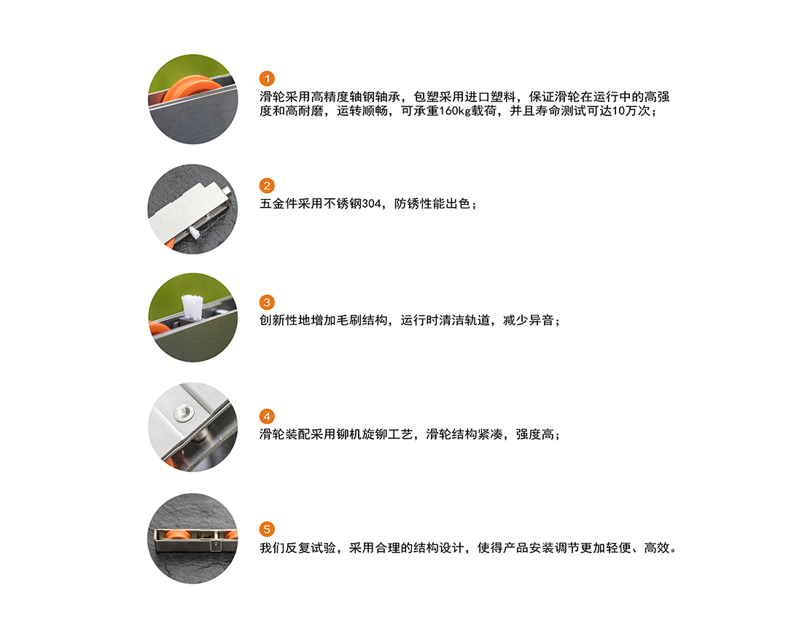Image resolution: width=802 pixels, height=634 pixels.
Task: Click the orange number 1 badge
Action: click(x=267, y=79)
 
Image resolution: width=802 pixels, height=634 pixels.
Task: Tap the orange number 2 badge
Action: click(x=267, y=186)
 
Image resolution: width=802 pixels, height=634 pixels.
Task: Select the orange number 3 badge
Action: click(x=267, y=302)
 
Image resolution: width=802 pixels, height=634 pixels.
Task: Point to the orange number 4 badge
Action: click(x=267, y=416)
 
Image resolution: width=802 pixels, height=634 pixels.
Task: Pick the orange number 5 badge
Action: click(x=267, y=529)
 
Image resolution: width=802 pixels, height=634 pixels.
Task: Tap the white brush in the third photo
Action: click(x=192, y=307)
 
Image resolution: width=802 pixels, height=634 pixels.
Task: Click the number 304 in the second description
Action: click(x=371, y=204)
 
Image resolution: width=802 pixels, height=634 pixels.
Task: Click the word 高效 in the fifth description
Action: click(x=657, y=548)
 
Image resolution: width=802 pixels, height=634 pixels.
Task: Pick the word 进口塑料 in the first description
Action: click(x=490, y=97)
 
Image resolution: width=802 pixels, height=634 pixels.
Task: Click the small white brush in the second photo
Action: click(x=195, y=232)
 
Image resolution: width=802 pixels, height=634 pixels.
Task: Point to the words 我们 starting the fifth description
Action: click(x=272, y=548)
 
